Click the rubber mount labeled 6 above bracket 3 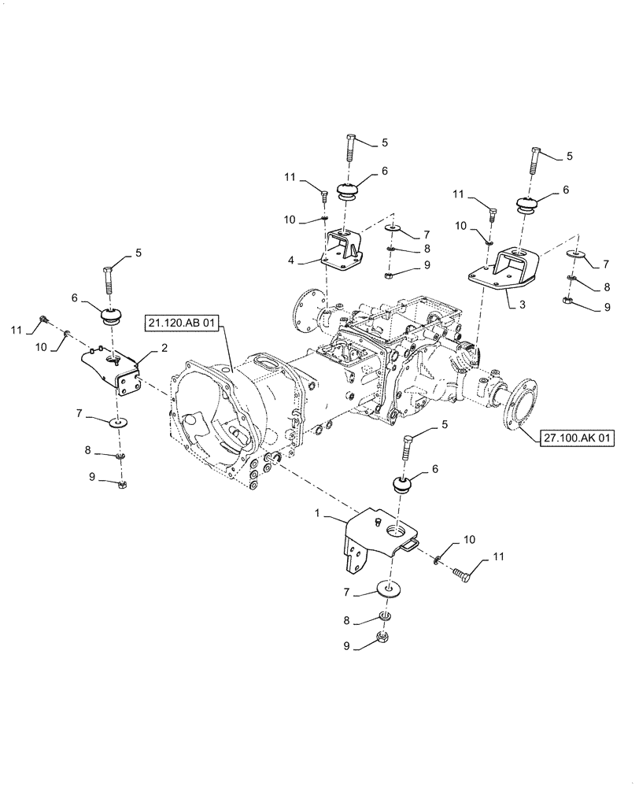pos(526,205)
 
